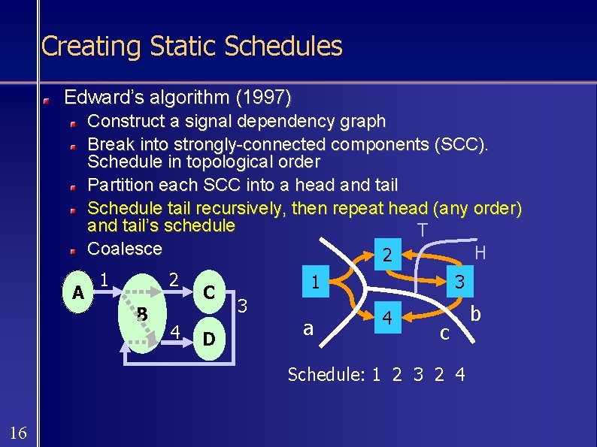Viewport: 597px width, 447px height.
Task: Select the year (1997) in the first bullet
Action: point(265,98)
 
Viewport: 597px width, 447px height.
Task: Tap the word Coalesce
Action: point(125,249)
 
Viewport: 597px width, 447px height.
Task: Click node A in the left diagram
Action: point(77,292)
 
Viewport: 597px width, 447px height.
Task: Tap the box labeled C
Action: point(210,291)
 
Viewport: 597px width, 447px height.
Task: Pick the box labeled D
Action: point(210,340)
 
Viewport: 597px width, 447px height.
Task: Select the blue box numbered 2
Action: point(386,255)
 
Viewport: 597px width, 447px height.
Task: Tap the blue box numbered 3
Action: point(458,282)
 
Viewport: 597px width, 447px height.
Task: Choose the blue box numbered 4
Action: point(386,318)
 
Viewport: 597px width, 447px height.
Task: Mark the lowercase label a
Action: point(308,328)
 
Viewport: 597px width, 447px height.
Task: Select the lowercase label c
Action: point(445,332)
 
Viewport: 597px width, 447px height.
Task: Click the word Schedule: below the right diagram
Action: point(326,374)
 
